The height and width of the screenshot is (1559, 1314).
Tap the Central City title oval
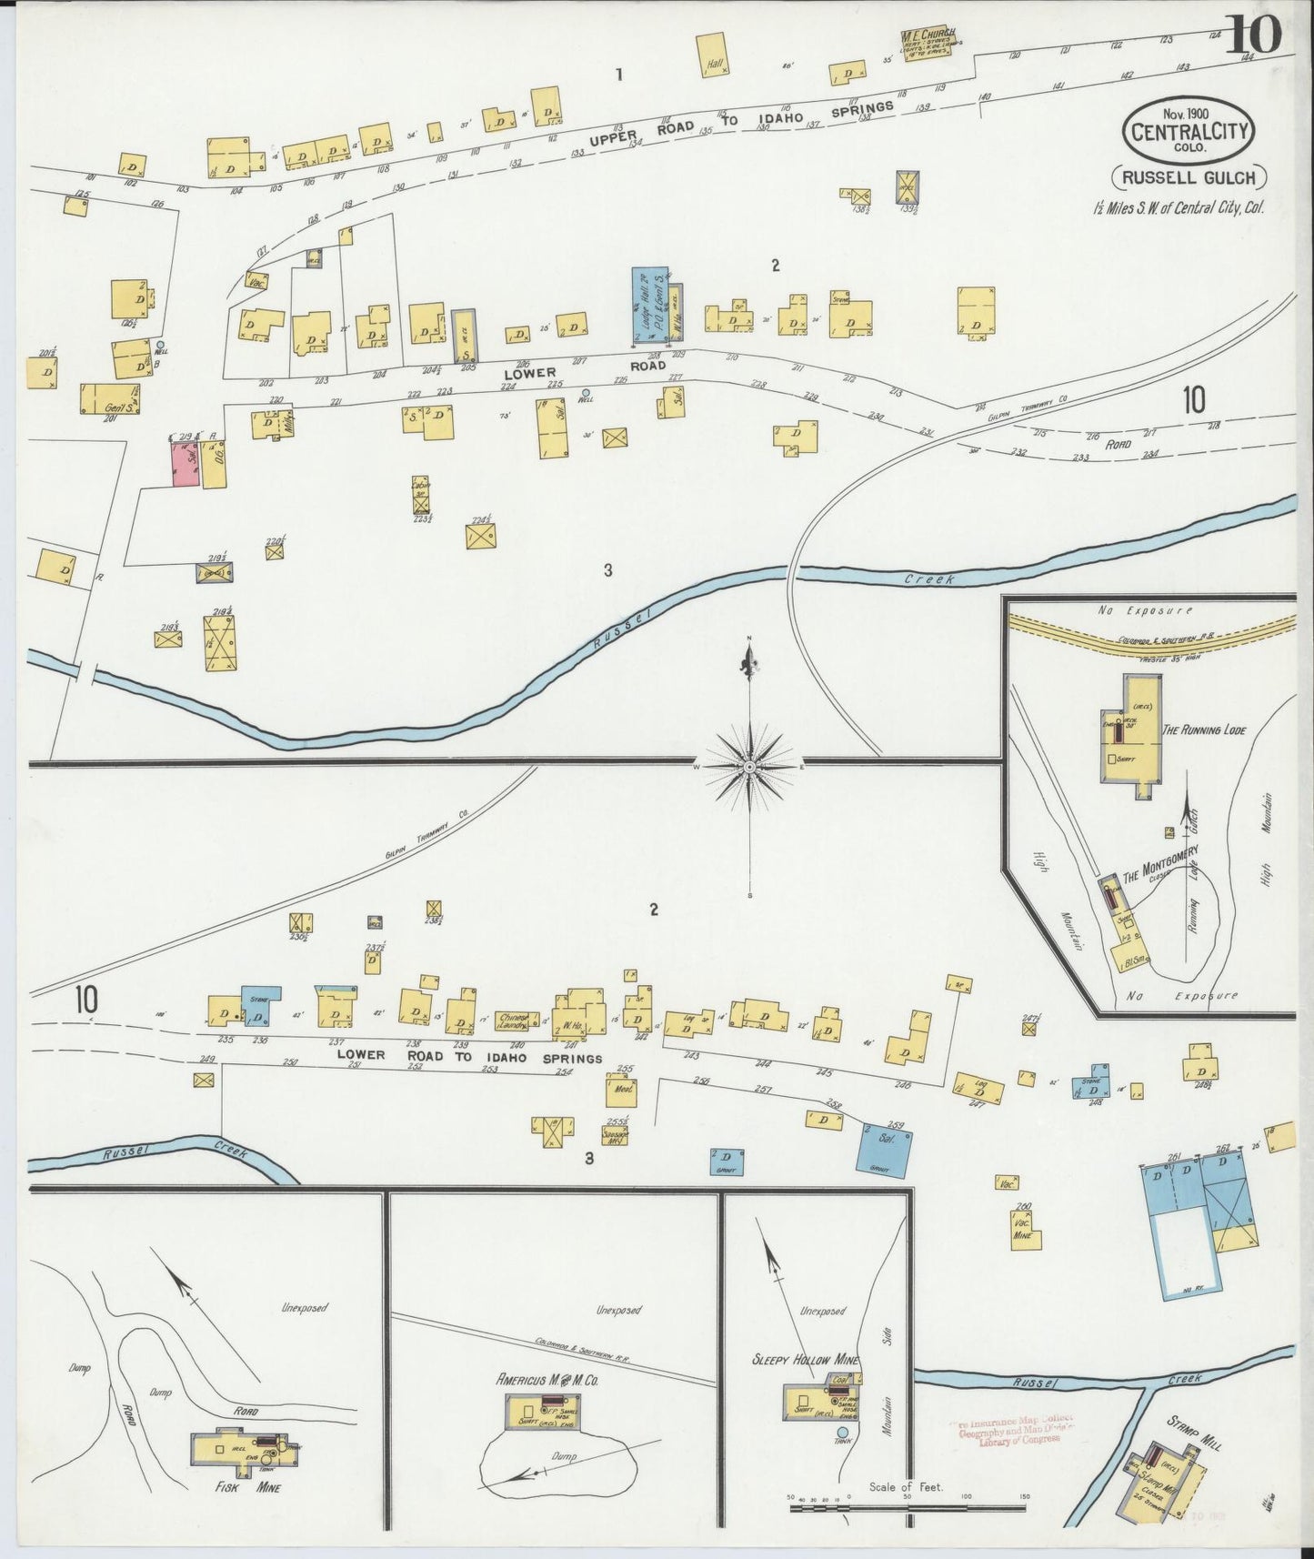click(1189, 131)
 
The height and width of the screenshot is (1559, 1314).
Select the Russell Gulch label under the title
click(1189, 178)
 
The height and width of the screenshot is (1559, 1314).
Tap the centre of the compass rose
click(749, 768)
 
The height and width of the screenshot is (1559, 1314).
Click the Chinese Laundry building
click(514, 1022)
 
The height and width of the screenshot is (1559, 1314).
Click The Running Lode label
click(1202, 729)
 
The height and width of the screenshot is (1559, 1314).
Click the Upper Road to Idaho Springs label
click(741, 124)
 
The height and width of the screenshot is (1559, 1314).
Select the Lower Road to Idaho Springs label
click(469, 1057)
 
